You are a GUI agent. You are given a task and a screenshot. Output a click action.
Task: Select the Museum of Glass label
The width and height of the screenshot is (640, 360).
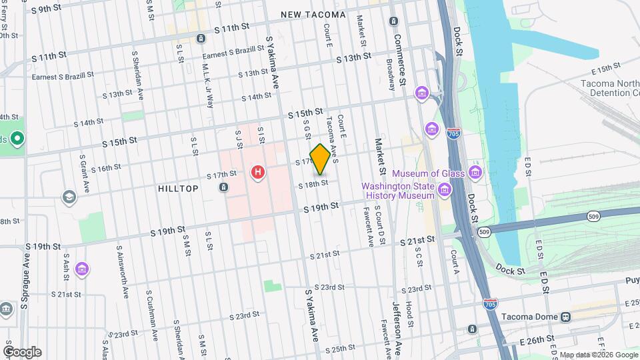coord(433,174)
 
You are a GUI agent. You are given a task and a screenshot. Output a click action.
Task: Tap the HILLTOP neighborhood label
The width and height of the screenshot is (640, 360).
coord(178,189)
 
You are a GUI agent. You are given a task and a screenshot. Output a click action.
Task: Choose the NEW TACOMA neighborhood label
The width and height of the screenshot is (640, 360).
coord(313,15)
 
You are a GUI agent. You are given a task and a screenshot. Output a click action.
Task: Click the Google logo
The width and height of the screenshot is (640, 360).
coord(22,352)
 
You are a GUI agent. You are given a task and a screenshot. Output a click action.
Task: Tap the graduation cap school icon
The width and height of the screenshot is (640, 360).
coord(69,197)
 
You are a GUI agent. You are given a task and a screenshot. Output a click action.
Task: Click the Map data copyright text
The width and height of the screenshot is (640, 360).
coord(597,355)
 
